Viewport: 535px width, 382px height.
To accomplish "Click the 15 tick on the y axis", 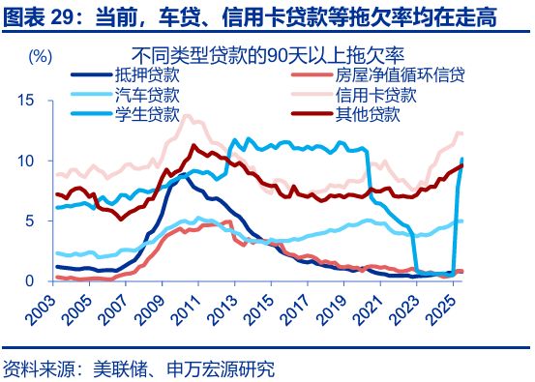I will (26, 101).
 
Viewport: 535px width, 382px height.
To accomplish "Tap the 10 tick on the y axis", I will (26, 161).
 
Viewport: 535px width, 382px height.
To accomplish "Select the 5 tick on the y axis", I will (30, 220).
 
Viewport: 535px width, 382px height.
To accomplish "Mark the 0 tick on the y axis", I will (30, 280).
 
